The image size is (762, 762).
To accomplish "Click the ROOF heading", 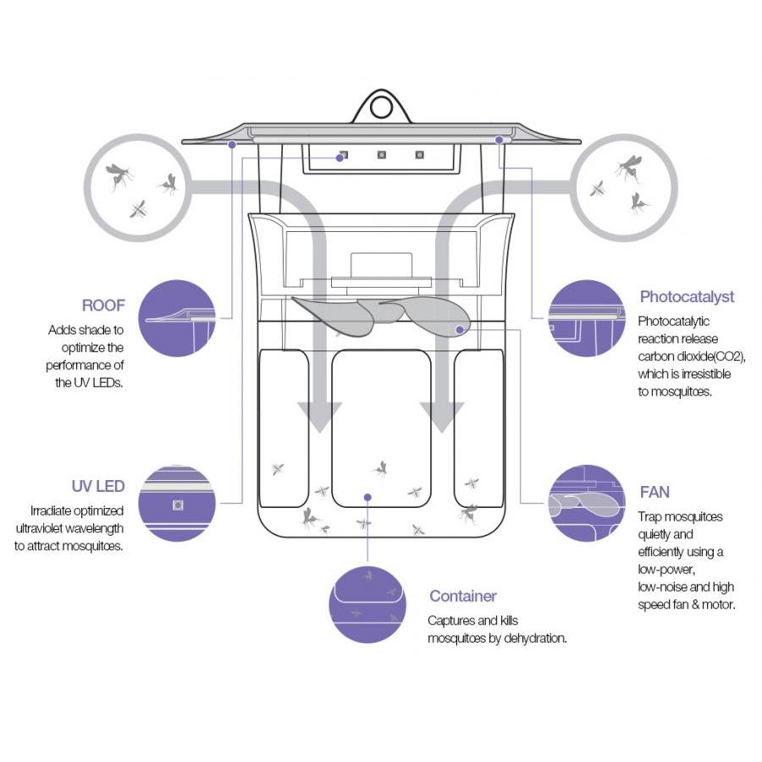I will click(103, 306).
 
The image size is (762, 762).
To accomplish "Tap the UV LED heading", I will click(98, 486).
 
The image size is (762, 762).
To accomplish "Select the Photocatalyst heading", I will click(687, 297).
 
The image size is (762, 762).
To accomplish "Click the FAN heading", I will click(654, 492).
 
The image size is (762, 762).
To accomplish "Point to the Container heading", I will click(462, 596).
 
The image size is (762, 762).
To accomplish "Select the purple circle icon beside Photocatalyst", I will click(587, 317).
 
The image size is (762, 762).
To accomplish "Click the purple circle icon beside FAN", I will click(587, 503).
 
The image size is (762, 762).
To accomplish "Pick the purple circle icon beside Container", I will click(367, 604).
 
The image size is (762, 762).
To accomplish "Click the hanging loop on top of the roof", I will click(381, 108).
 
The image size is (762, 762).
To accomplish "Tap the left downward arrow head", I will click(320, 417).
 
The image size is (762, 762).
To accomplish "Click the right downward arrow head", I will click(442, 417).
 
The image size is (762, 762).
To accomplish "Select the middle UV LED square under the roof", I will click(382, 155).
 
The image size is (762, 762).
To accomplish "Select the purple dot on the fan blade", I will click(460, 329).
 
